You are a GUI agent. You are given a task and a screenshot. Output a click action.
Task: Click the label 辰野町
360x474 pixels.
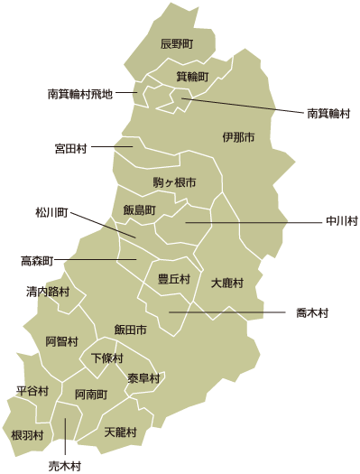click(177, 43)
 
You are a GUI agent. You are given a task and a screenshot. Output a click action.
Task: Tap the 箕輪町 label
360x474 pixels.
click(192, 77)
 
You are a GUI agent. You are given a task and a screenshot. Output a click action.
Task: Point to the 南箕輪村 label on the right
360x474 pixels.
click(328, 115)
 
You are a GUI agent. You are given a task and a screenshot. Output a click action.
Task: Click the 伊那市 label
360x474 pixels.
click(238, 137)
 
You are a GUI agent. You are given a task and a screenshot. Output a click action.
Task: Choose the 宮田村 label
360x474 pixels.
click(70, 147)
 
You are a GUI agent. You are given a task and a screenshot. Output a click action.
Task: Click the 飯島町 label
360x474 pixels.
click(140, 209)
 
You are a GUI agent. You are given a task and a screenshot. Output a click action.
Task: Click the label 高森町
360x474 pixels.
click(37, 261)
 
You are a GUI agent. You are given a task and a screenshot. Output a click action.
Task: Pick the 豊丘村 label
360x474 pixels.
click(174, 279)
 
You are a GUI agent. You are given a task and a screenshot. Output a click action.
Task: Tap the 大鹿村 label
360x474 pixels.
click(227, 283)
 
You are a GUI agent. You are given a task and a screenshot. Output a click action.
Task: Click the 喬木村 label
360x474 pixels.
click(312, 313)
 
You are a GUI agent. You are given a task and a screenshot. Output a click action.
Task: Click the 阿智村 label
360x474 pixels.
click(62, 341)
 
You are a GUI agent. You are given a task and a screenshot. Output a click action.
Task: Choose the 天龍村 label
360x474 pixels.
click(120, 432)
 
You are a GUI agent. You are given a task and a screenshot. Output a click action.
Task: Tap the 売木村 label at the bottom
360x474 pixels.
click(65, 466)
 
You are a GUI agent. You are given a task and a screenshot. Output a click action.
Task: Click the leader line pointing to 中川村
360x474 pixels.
click(262, 221)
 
